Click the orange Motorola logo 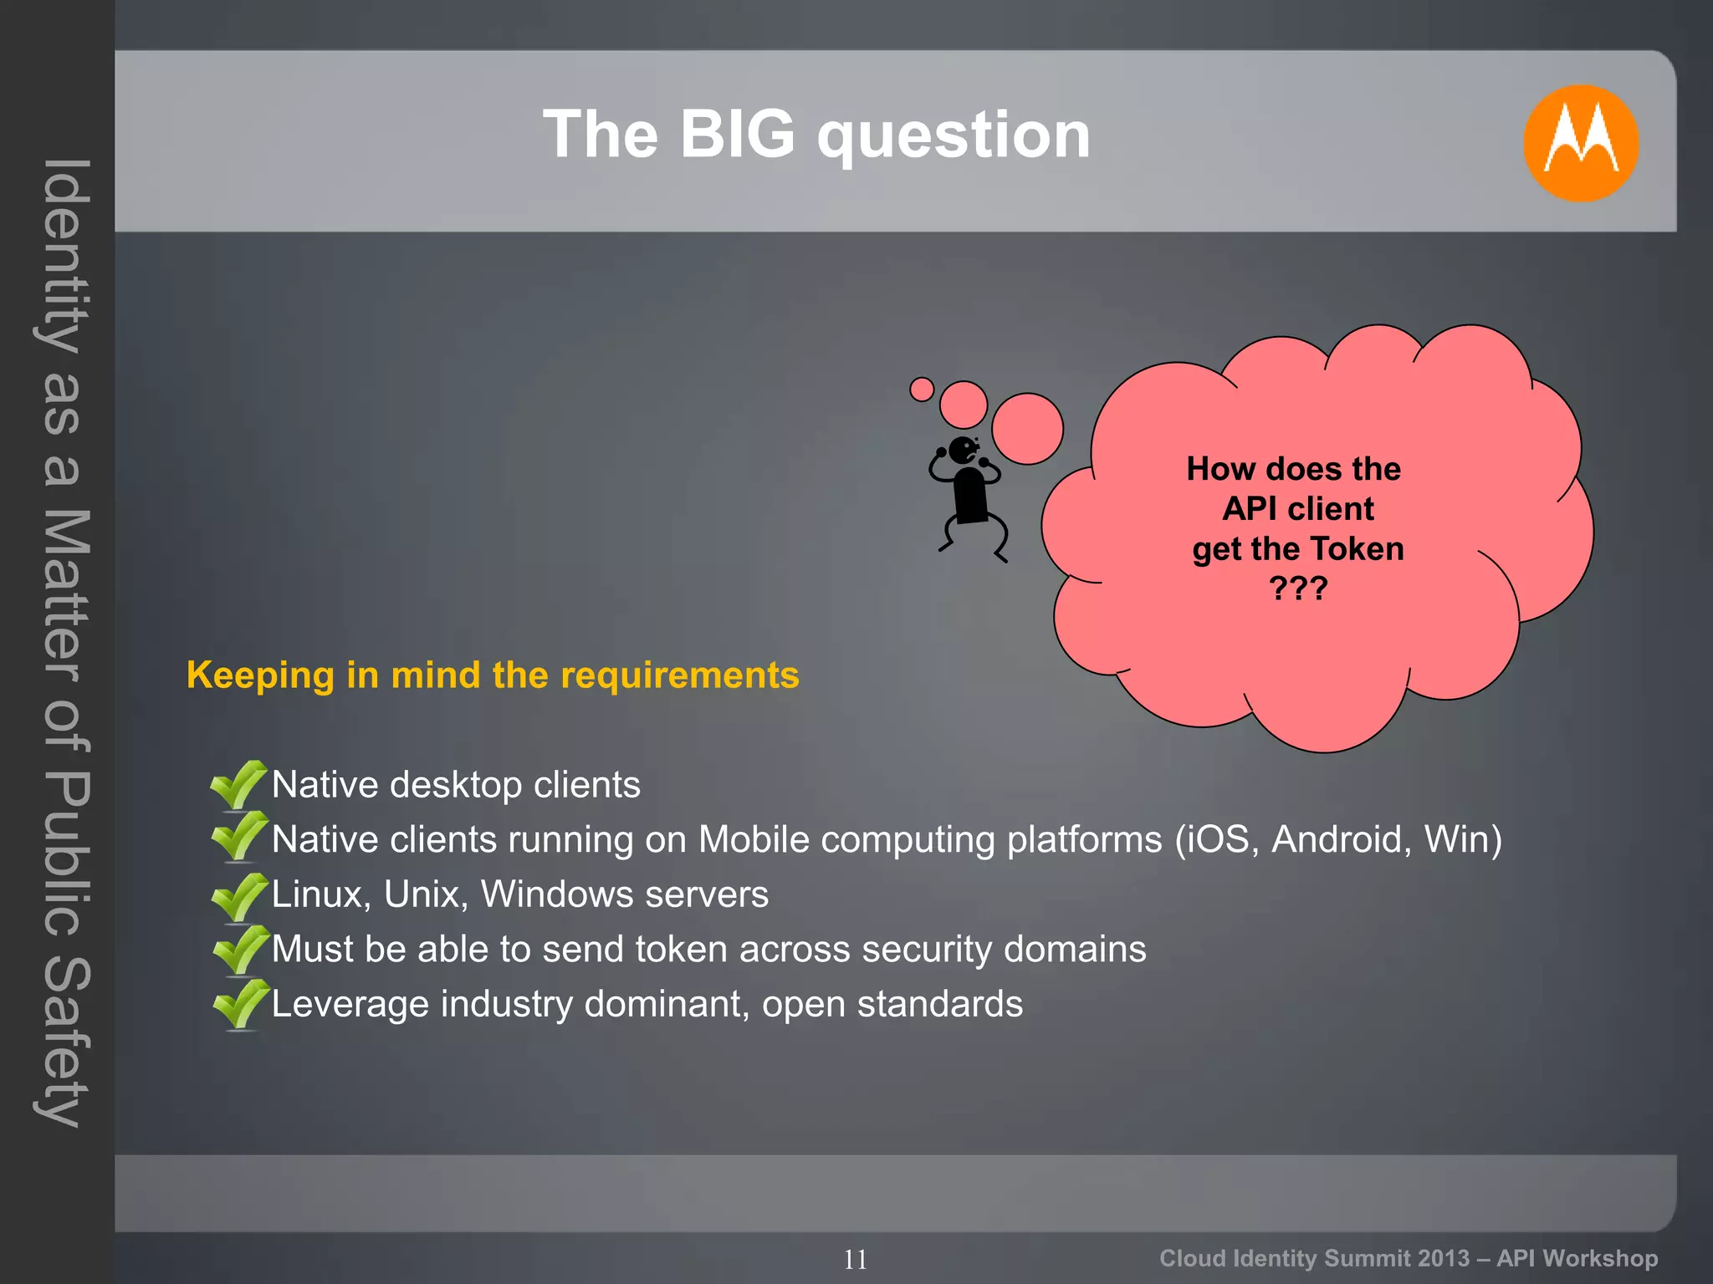[x=1580, y=143]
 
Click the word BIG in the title [x=737, y=135]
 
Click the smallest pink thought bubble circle [x=921, y=390]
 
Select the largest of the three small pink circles [x=1027, y=429]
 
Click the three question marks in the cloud [x=1297, y=588]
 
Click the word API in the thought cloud [x=1250, y=509]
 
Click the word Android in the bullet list [x=1341, y=839]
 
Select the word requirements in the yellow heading [x=679, y=675]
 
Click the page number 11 [x=855, y=1259]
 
